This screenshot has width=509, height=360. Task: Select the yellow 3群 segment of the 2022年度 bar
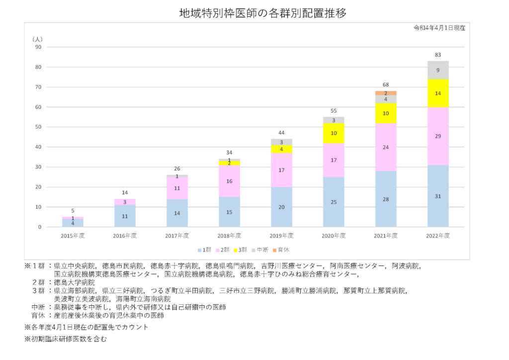click(438, 93)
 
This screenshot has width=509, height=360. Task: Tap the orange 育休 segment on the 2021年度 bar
click(386, 93)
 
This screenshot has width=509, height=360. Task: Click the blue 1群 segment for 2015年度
click(73, 223)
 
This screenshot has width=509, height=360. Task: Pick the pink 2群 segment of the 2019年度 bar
click(282, 170)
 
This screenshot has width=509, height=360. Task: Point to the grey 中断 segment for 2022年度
click(438, 70)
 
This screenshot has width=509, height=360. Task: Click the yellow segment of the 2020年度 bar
click(334, 133)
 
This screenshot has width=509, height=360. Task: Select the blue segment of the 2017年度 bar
click(177, 213)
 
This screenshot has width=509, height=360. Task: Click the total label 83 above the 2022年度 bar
click(438, 55)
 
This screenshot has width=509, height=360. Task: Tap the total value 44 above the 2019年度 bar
click(282, 133)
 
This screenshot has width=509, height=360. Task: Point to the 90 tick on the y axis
click(38, 47)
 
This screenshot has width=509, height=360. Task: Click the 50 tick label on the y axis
click(38, 127)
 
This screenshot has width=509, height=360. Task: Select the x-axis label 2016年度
click(125, 235)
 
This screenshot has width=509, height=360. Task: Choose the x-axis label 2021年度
click(386, 235)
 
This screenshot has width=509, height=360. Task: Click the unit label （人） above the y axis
click(38, 38)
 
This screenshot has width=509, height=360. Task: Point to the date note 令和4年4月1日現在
click(439, 28)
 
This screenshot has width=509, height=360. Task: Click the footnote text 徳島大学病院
click(74, 282)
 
